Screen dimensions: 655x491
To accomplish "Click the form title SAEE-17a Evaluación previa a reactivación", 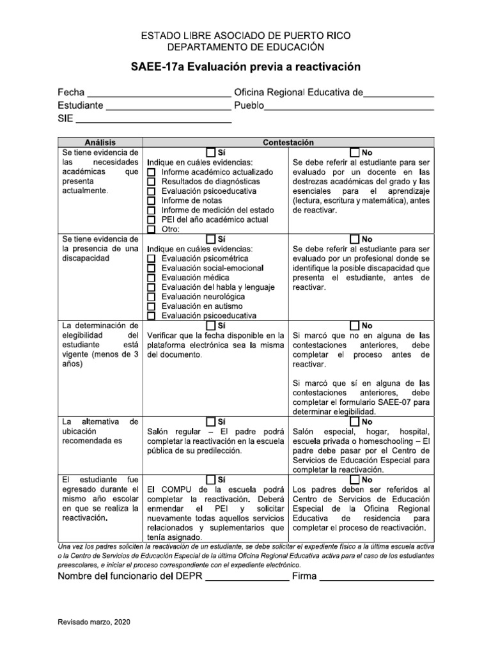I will click(245, 67).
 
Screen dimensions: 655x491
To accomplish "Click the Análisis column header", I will click(100, 143).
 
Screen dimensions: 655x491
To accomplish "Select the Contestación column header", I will click(289, 143).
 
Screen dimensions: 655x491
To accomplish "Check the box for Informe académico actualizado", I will click(152, 173).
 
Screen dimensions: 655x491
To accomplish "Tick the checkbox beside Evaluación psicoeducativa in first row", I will click(152, 191).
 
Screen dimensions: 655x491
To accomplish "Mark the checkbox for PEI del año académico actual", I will click(152, 220).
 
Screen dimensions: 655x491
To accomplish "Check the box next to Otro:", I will click(152, 230).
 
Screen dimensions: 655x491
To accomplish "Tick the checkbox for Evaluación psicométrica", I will click(152, 259).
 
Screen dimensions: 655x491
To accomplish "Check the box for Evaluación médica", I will click(152, 278).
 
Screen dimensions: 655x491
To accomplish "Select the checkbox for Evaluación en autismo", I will click(152, 306).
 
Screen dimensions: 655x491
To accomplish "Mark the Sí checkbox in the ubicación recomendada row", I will click(211, 422).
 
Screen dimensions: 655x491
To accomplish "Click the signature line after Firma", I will click(376, 579).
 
